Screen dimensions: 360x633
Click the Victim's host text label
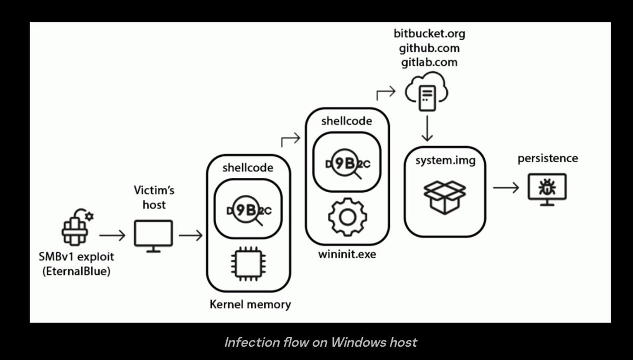tap(154, 198)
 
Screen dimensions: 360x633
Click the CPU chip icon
tap(247, 266)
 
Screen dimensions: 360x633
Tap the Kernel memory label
tap(250, 305)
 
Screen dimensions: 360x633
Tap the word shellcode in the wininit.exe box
tap(347, 121)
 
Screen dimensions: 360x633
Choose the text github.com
tap(429, 48)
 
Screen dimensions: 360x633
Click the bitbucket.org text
tap(429, 34)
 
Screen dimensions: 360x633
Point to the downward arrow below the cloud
tap(427, 129)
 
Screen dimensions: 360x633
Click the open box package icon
tap(445, 197)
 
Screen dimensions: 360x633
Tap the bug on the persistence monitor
tap(547, 187)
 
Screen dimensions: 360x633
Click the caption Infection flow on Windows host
tap(321, 342)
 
